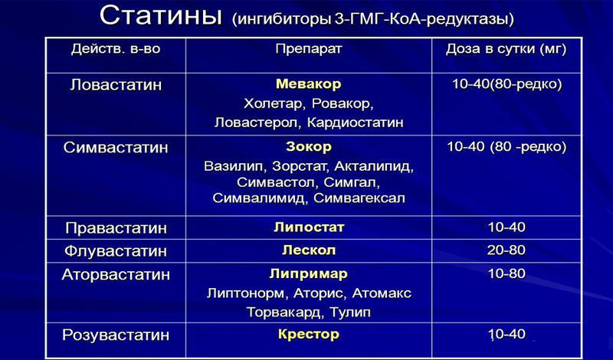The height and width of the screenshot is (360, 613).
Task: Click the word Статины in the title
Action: tap(162, 17)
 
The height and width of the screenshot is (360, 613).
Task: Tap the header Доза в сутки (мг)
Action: tap(506, 51)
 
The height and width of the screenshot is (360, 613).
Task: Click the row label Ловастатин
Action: tap(116, 85)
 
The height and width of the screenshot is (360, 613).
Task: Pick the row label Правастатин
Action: tap(116, 228)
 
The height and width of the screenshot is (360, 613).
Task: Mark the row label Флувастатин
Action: tap(116, 250)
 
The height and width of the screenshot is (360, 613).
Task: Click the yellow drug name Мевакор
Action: tap(308, 83)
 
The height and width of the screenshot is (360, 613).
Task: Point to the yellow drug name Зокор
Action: tap(308, 145)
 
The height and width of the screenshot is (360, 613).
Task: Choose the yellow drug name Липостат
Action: tap(308, 227)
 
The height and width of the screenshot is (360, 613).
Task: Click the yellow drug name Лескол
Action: tap(308, 250)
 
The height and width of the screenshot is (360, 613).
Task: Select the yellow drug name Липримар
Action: tap(308, 273)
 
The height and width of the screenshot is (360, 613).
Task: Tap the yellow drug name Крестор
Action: tap(308, 334)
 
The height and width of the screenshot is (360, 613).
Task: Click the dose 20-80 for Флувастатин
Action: tap(506, 250)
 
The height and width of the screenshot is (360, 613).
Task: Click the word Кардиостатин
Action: tap(359, 122)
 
